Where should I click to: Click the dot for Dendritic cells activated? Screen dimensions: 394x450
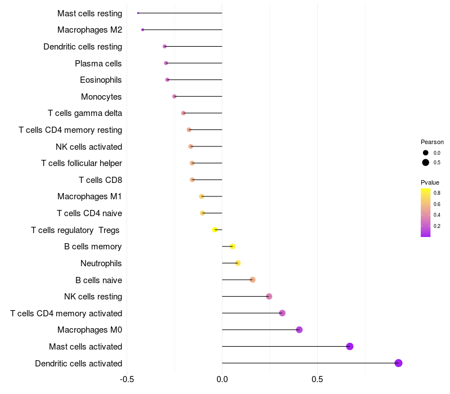398,363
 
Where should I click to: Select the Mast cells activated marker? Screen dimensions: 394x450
350,346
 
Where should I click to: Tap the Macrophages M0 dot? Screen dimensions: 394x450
299,330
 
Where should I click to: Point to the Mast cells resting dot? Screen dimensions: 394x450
138,13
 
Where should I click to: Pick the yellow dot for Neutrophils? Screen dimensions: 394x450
238,263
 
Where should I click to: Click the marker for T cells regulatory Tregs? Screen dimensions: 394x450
215,230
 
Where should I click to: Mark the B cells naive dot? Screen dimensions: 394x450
253,280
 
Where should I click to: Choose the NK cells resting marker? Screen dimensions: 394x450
269,297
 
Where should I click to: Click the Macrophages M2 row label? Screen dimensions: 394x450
89,30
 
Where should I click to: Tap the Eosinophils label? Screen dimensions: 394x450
101,80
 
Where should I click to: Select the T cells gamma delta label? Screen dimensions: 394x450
85,113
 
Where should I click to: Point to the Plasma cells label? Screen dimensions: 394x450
98,63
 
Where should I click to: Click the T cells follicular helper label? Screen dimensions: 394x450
82,163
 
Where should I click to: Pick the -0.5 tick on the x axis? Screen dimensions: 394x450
127,379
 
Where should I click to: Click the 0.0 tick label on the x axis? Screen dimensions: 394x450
222,379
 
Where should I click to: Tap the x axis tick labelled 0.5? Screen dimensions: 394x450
317,379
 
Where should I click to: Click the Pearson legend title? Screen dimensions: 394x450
432,142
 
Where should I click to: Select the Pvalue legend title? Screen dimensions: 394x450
430,182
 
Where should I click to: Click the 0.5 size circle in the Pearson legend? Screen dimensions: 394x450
426,163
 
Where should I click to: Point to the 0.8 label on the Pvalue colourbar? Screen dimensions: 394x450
436,192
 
